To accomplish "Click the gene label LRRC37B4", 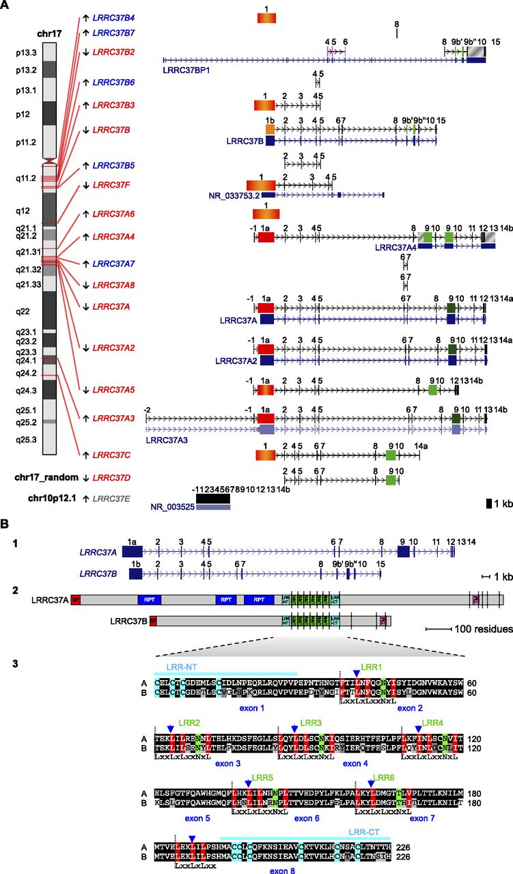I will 113,17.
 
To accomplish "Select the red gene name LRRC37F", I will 109,184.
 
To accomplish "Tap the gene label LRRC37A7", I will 113,264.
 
